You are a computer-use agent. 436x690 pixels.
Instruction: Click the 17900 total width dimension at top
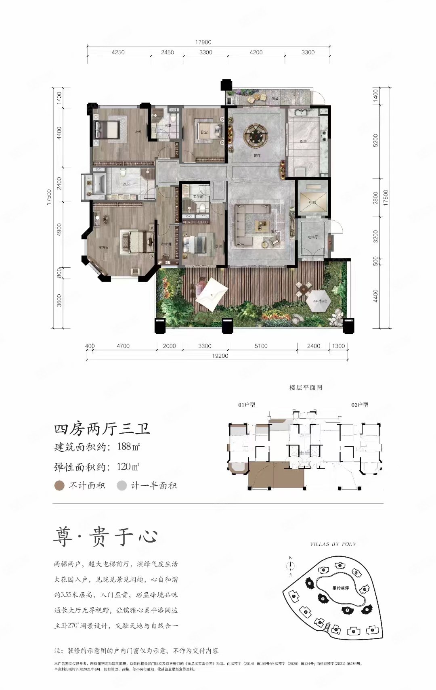tap(203, 42)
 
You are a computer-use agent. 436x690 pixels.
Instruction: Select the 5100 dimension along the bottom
tap(261, 346)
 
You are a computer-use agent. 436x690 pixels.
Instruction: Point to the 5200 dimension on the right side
tap(376, 140)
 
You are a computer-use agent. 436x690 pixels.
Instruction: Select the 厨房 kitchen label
tap(303, 141)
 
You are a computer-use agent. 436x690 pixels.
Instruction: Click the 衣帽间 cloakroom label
tap(166, 244)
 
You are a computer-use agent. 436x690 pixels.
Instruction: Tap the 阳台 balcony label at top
tap(275, 98)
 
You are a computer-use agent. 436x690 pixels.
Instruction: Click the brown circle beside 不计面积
tap(59, 485)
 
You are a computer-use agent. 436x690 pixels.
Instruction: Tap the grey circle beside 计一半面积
tap(122, 485)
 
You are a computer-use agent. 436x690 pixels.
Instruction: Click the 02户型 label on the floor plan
tap(360, 405)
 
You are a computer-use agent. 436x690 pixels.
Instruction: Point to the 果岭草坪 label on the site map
tap(340, 588)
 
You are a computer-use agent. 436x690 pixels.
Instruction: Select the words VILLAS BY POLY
tap(333, 544)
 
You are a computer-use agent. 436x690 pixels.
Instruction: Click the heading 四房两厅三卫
tap(102, 429)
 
